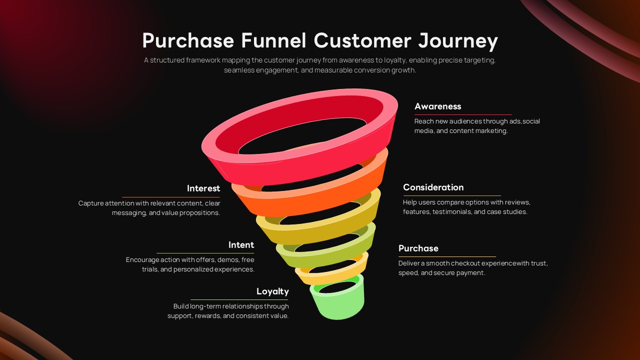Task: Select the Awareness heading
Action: click(437, 106)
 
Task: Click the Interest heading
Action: click(203, 188)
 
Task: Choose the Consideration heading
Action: click(433, 187)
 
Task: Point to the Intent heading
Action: click(241, 245)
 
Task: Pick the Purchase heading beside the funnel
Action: click(418, 248)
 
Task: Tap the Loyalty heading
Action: click(272, 291)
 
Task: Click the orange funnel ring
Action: click(310, 197)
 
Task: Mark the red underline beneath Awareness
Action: click(463, 115)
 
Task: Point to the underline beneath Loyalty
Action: click(239, 299)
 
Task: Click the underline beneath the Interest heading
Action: click(171, 197)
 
